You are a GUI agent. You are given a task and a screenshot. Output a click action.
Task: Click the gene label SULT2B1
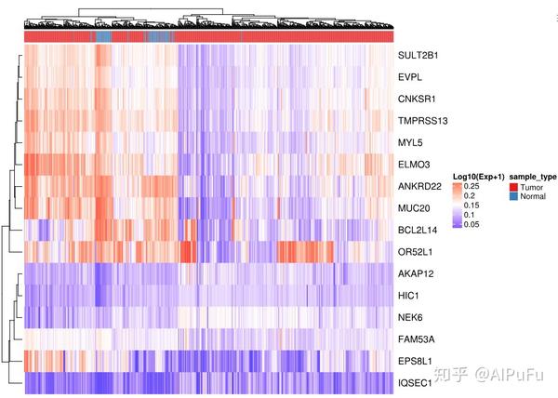418,55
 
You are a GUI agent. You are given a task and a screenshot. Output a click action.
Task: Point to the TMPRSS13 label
421,120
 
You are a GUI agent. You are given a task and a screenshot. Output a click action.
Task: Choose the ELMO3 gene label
413,163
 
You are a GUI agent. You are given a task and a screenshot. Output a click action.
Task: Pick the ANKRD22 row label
418,184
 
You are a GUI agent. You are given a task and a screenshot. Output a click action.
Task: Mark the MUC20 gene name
413,206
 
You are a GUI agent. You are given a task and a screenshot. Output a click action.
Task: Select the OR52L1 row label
415,251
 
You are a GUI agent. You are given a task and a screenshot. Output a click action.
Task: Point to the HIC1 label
408,296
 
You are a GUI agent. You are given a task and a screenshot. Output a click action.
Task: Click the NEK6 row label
409,317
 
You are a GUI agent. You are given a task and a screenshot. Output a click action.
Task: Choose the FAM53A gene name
415,338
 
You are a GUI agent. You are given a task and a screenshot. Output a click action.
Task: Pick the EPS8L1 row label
415,361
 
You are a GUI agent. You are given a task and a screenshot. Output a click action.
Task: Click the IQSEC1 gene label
415,383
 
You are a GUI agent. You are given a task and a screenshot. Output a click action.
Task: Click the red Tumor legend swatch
515,187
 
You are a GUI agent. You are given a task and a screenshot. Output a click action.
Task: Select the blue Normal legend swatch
515,196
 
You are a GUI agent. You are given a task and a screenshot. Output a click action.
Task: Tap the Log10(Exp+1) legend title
478,177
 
